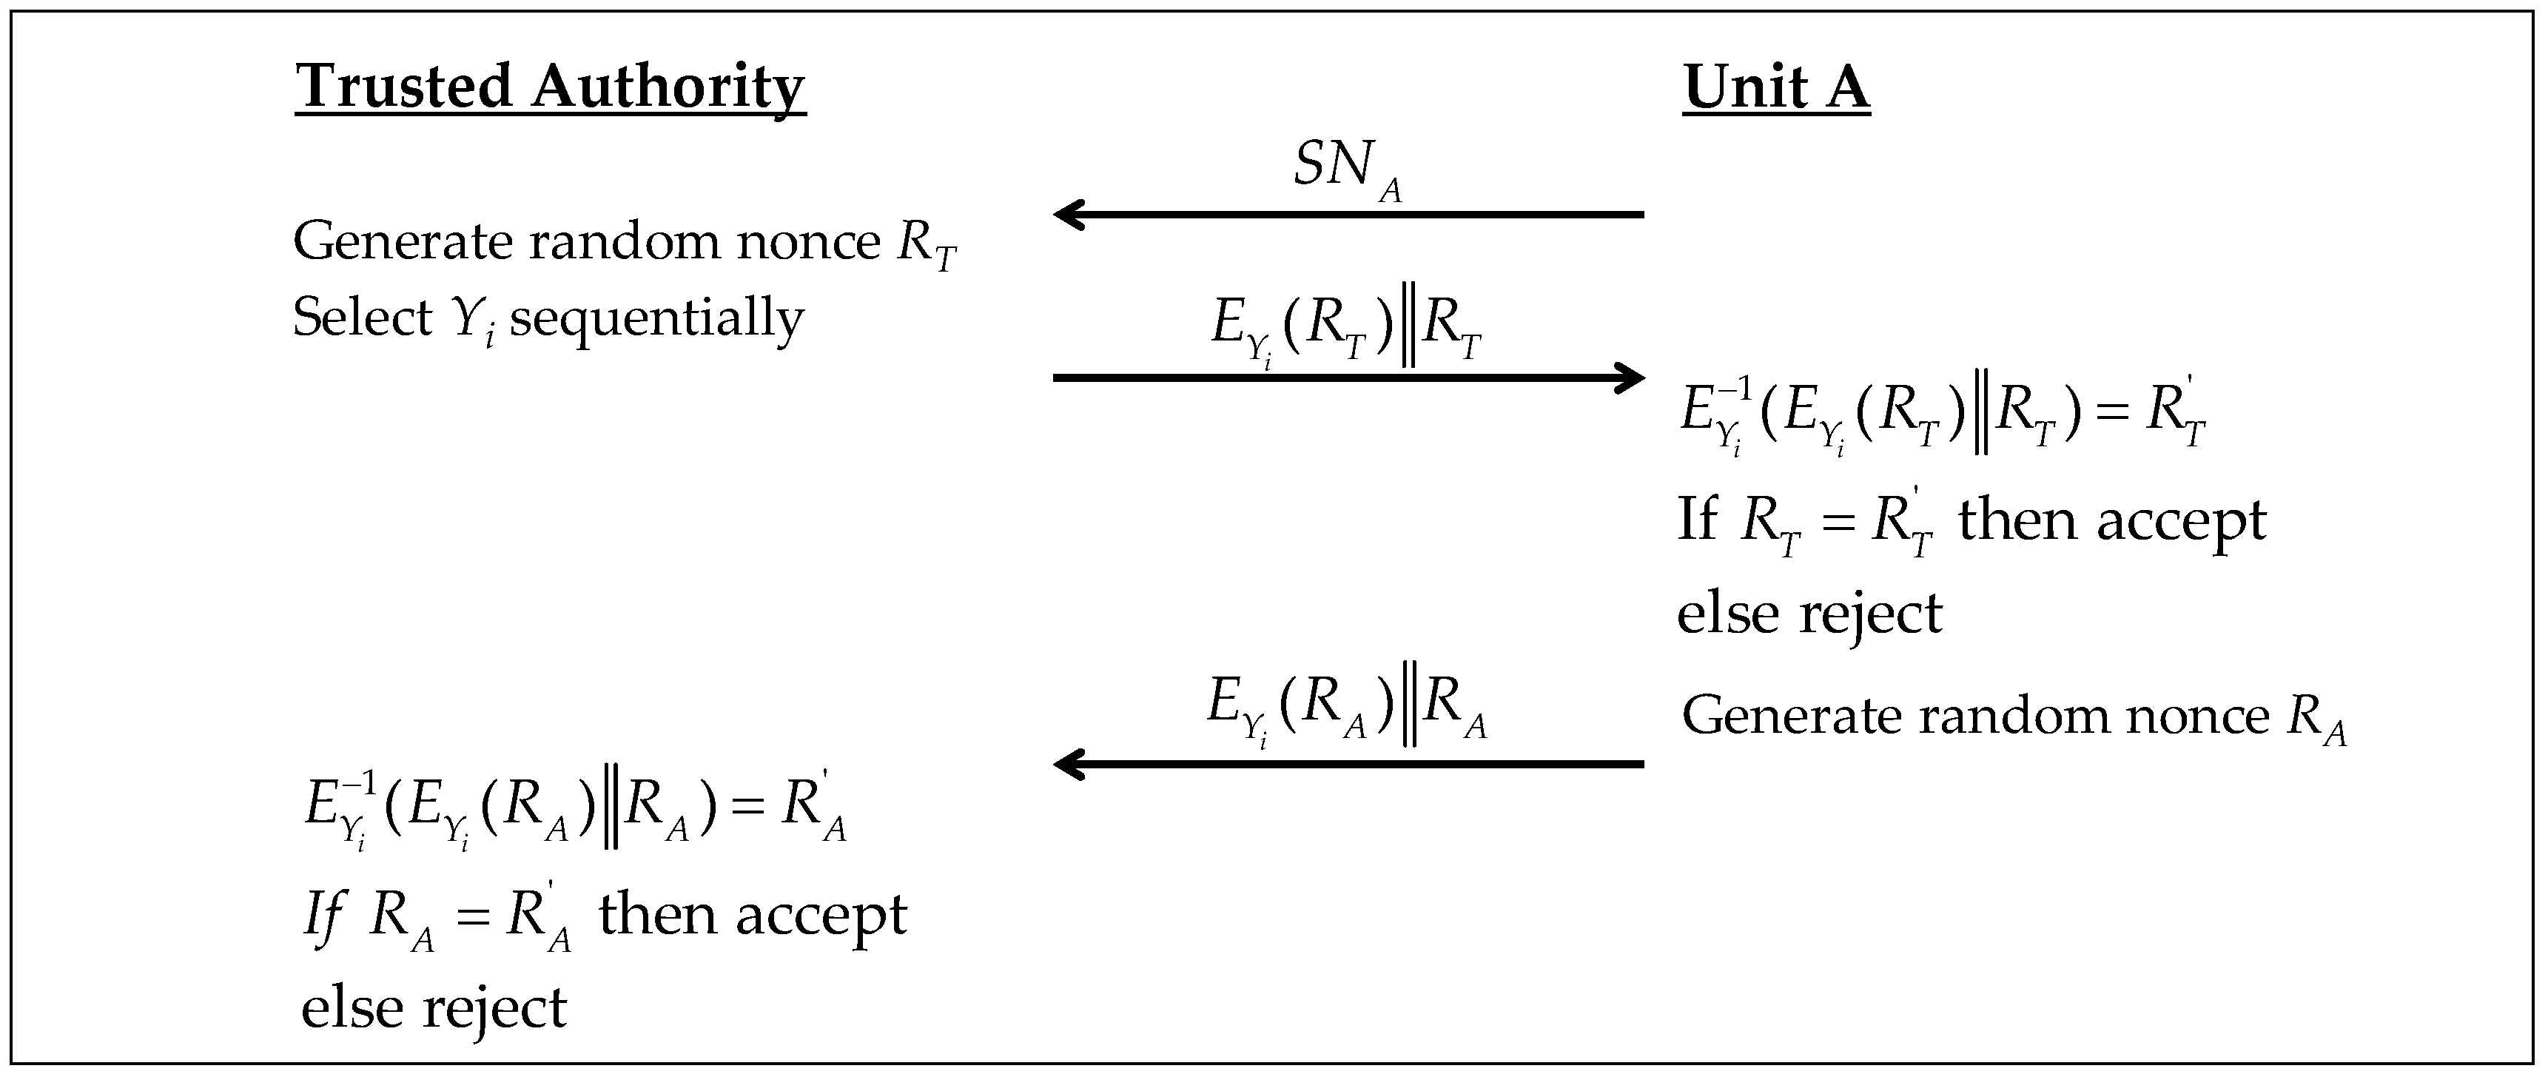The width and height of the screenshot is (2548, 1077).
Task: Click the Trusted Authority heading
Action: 550,87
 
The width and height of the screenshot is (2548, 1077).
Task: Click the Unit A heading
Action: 1775,87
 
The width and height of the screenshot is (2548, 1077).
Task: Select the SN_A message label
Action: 1347,168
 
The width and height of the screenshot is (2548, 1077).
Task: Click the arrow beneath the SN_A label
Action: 1347,214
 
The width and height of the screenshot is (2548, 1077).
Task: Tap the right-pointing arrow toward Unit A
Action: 1347,377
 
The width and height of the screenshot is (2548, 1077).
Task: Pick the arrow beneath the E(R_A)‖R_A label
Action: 1347,763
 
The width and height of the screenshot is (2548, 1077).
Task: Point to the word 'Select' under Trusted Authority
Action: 362,318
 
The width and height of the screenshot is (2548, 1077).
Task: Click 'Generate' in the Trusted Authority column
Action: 403,242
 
